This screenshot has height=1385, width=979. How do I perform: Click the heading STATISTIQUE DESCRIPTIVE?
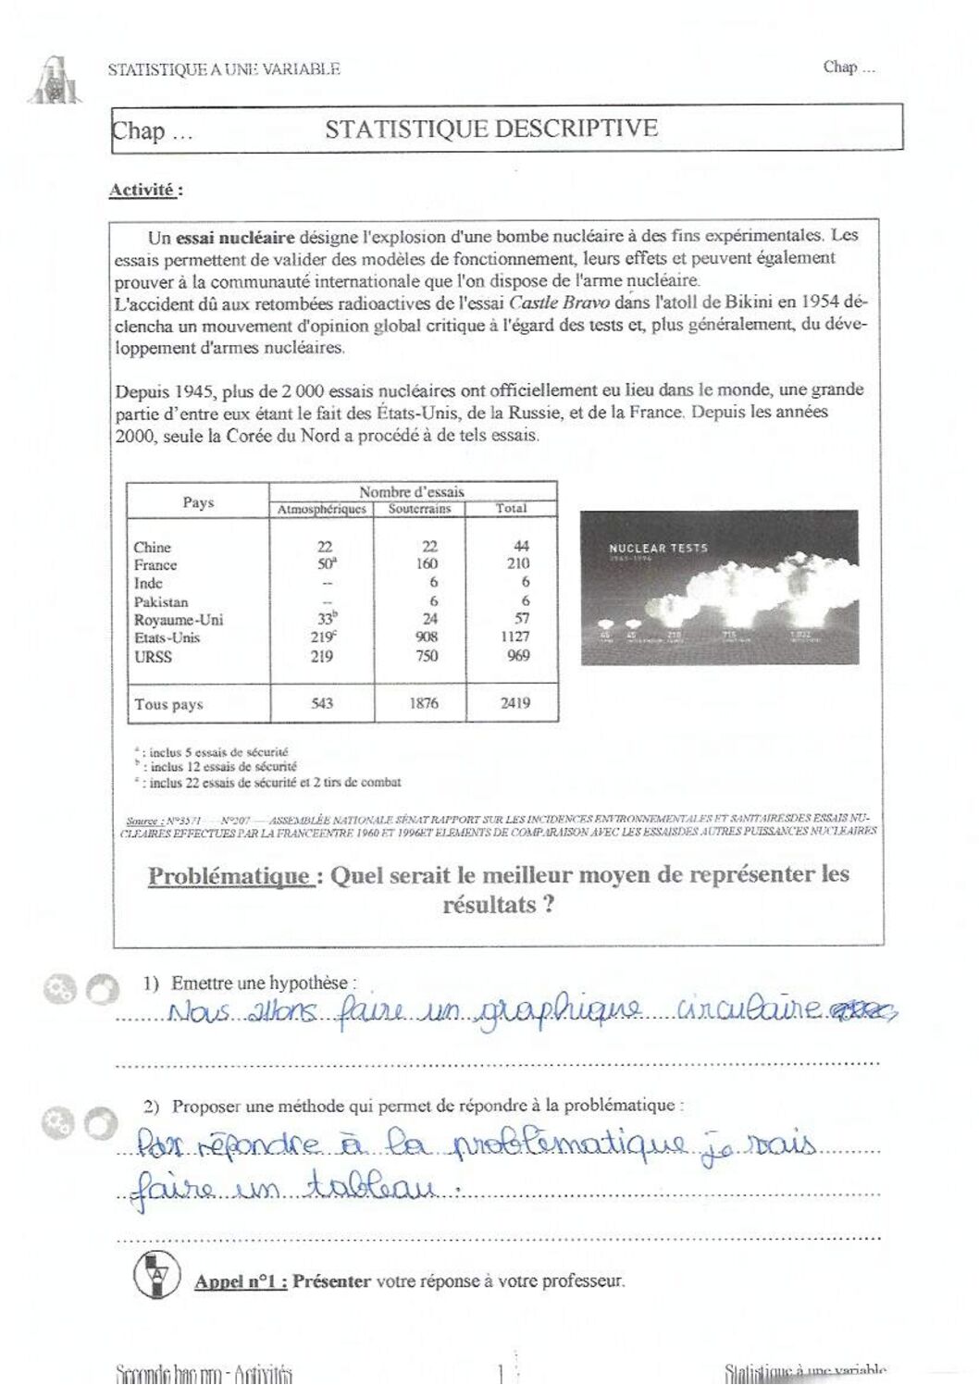(491, 129)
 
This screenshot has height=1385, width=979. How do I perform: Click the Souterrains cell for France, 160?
(427, 563)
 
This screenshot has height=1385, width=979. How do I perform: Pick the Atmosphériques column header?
(322, 509)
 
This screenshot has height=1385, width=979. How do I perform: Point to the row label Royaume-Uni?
(179, 620)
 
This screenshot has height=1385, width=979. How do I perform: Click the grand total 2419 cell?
(515, 703)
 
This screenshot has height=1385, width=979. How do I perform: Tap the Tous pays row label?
(168, 704)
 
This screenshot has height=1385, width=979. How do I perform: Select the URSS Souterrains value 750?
(426, 655)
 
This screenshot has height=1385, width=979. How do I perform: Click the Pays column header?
(198, 502)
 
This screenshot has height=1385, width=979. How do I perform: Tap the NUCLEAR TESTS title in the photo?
(658, 548)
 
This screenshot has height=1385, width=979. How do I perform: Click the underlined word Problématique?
(229, 875)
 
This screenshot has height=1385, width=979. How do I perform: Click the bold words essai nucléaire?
(235, 237)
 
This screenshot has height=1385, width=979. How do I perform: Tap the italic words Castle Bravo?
(559, 303)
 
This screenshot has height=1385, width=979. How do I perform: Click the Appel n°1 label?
(240, 1281)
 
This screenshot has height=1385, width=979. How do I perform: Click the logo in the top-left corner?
(58, 81)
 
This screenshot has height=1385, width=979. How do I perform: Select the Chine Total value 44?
(521, 546)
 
